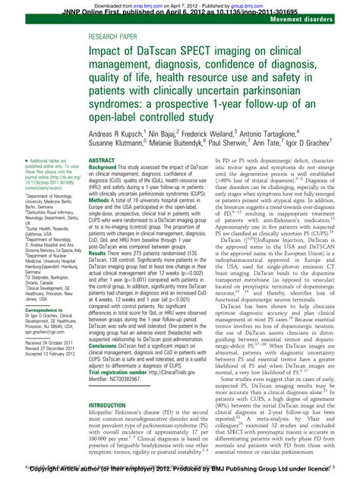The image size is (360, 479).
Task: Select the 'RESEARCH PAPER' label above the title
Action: point(114,36)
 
